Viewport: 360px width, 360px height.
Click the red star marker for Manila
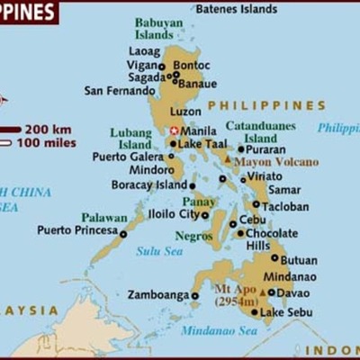point(175,130)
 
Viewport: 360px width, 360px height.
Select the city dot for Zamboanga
point(194,295)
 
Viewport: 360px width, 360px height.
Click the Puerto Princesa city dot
point(123,234)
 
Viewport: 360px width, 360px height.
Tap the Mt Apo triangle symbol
point(262,292)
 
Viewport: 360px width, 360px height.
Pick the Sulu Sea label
point(159,251)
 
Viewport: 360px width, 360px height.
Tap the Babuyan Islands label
point(154,28)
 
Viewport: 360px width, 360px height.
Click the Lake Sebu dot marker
point(255,312)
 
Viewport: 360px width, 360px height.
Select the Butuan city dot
point(274,260)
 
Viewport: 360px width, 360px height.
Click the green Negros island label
point(193,236)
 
